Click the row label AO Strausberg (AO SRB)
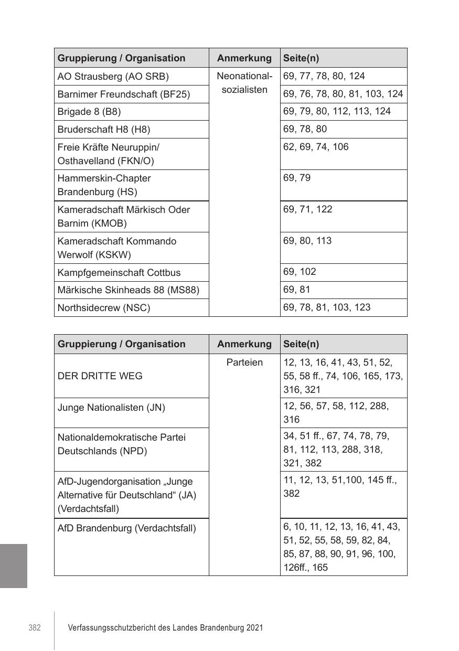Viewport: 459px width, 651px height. tap(113, 77)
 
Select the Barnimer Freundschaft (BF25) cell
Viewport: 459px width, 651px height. tap(123, 94)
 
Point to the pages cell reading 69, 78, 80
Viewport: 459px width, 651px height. tap(305, 129)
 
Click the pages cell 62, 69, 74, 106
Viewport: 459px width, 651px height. tap(316, 147)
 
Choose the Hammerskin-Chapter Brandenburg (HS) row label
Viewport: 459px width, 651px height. tap(104, 185)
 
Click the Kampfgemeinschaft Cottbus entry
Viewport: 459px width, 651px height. tap(119, 273)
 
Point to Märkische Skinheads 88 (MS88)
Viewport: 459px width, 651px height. tap(128, 290)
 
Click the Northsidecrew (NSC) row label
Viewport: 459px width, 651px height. tap(103, 308)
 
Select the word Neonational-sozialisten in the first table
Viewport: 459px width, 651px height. tap(244, 83)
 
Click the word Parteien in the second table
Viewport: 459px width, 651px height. tap(244, 362)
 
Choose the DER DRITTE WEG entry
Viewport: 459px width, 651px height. tap(100, 376)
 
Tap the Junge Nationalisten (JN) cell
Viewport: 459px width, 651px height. tap(111, 407)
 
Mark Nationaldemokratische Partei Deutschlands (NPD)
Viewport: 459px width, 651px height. tap(121, 444)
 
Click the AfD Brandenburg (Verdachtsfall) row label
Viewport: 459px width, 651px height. tap(126, 528)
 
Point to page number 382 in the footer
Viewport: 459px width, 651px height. tap(35, 628)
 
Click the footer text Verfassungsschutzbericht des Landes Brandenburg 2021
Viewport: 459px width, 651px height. tap(165, 628)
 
